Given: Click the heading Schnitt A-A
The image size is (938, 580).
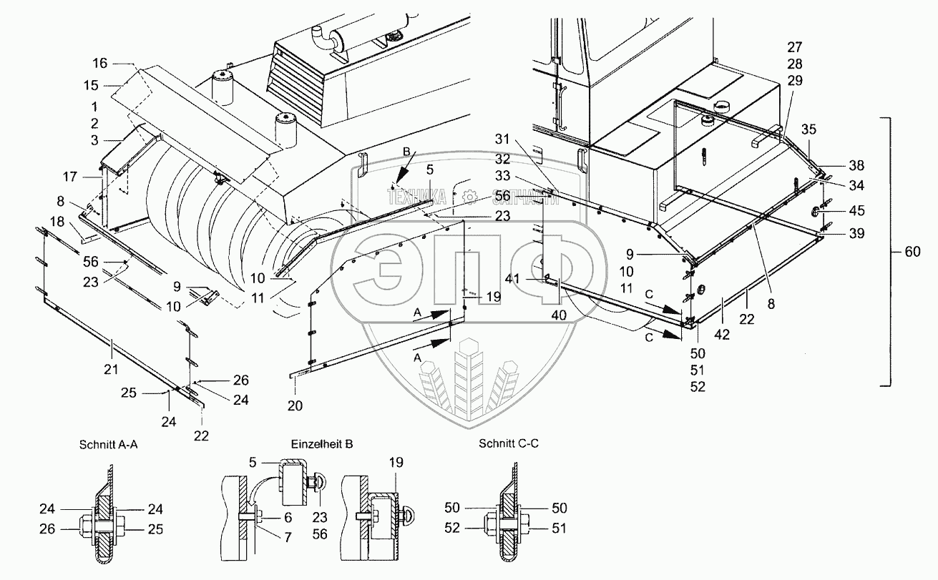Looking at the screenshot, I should pos(109,444).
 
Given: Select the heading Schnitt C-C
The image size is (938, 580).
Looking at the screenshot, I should pos(509,444).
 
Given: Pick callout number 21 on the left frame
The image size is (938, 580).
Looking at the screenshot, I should pos(112,348).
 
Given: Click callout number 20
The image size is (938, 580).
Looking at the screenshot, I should pos(295,405).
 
